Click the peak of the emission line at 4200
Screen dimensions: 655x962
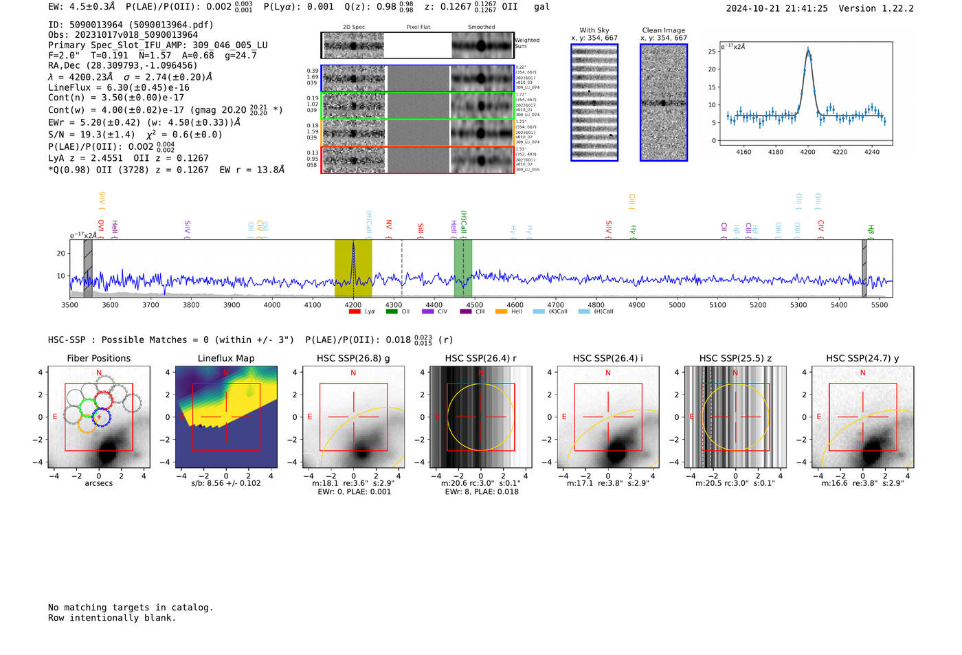808,49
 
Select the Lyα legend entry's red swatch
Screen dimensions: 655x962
355,312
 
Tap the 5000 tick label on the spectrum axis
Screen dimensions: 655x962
677,305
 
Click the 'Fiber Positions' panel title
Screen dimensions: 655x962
98,358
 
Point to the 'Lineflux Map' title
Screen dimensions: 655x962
226,358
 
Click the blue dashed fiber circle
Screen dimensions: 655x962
101,416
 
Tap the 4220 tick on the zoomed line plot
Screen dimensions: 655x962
840,152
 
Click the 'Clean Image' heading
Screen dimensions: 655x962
663,30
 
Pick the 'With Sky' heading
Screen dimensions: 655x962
594,30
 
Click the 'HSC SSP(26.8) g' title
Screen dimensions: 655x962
353,358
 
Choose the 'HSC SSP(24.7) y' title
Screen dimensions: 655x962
862,358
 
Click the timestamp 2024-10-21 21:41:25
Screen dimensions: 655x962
776,8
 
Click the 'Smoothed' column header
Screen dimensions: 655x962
481,27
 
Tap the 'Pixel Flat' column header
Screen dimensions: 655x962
418,27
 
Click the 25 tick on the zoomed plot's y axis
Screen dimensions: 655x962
712,52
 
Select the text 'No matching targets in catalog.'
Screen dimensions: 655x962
131,608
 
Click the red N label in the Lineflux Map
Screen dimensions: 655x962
226,373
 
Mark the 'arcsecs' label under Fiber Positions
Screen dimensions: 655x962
98,483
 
